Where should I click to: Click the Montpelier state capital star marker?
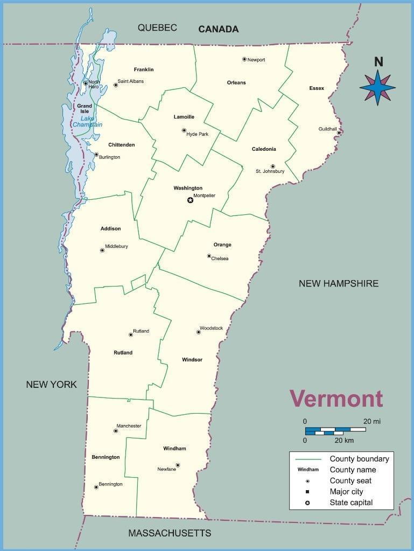coord(190,200)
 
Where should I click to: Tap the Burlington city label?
coord(109,157)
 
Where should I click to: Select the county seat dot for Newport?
coord(244,59)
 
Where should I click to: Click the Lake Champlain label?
coord(87,122)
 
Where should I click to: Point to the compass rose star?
coord(377,87)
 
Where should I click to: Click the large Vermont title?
coord(336,399)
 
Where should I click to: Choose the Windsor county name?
coord(192,360)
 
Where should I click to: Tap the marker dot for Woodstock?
coord(198,332)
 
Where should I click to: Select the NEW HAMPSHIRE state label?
coord(339,283)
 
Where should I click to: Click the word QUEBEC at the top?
coord(157,28)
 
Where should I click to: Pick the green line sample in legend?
coord(308,459)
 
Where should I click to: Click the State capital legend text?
coord(351,503)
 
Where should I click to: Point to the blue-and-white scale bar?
coord(335,431)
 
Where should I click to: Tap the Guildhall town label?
coord(327,129)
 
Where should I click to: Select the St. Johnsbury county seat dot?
coord(273,166)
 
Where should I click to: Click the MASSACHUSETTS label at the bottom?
coord(170,533)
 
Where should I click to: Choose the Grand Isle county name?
coord(85,109)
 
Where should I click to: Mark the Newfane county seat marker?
coord(178,465)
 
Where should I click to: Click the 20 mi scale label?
coord(372,421)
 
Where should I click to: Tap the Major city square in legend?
coord(307,492)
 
